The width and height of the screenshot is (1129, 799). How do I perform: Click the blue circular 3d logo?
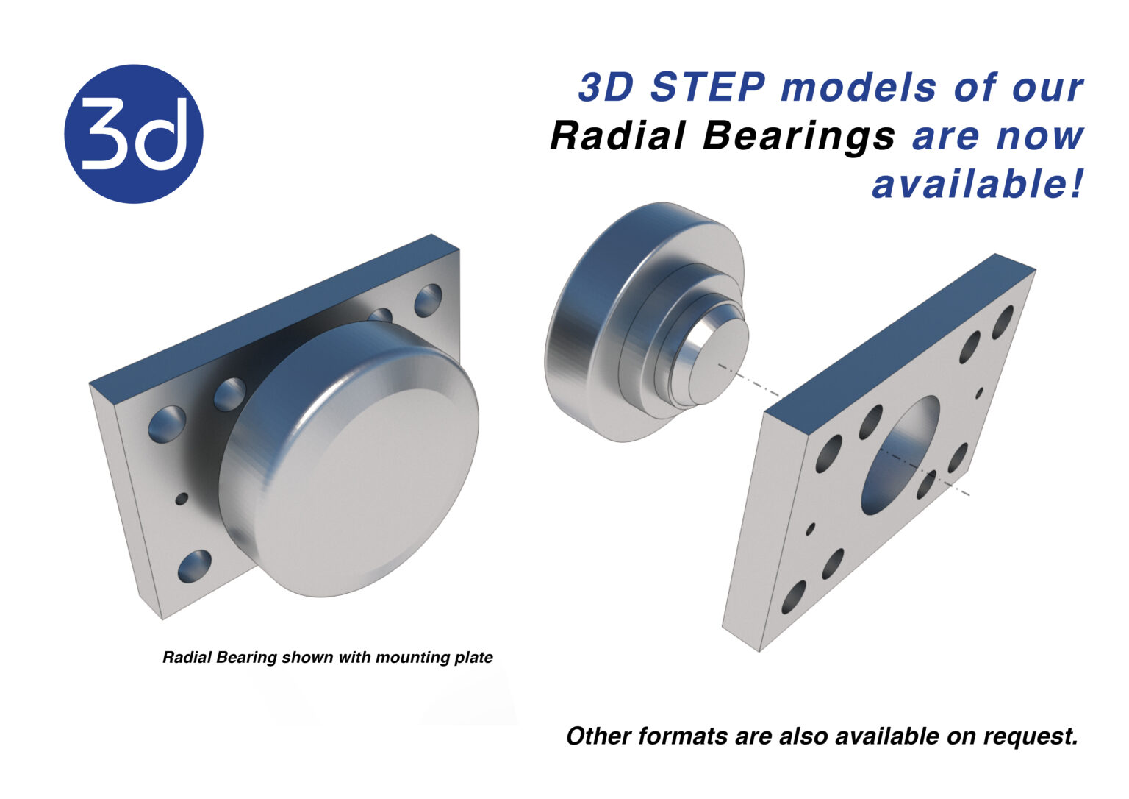pyautogui.click(x=134, y=134)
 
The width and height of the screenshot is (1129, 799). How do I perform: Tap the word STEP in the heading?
pyautogui.click(x=708, y=88)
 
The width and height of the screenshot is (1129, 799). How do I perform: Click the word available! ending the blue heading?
pyautogui.click(x=978, y=184)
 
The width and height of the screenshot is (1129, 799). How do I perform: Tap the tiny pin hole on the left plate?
pyautogui.click(x=181, y=499)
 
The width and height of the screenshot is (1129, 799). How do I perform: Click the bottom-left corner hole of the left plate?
pyautogui.click(x=194, y=566)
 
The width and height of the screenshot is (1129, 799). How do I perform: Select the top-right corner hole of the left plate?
pyautogui.click(x=428, y=300)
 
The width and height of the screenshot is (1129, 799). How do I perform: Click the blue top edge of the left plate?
pyautogui.click(x=272, y=309)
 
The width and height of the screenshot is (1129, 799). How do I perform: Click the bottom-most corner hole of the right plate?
pyautogui.click(x=794, y=597)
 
